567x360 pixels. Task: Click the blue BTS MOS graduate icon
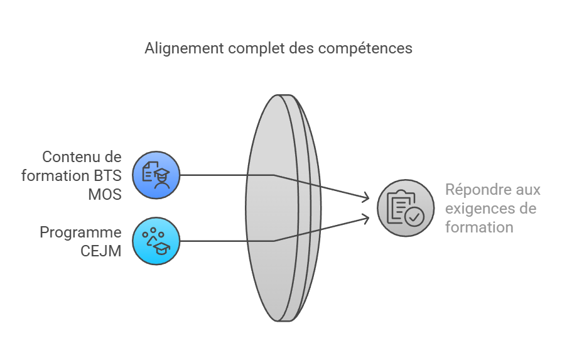pos(156,175)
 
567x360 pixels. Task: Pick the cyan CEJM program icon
pos(156,241)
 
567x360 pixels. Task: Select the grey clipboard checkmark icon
pos(406,208)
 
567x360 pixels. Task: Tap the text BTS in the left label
pos(108,175)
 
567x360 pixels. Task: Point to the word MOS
pos(104,194)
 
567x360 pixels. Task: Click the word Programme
pos(80,232)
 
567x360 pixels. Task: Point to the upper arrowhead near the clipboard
pos(365,199)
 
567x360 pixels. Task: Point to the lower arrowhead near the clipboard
pos(365,217)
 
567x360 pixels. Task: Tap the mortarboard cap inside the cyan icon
pos(163,249)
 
